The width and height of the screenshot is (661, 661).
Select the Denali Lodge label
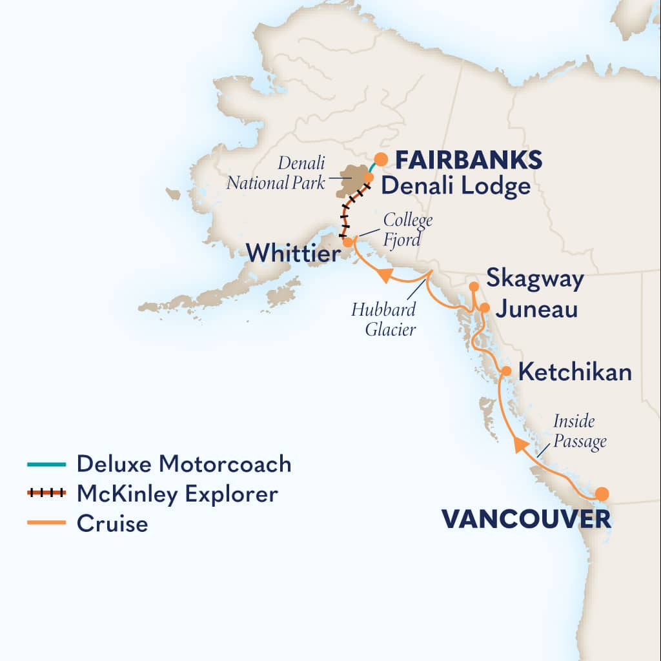[x=456, y=187]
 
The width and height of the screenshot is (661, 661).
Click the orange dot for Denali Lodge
[x=369, y=177]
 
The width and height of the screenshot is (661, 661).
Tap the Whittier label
[x=293, y=252]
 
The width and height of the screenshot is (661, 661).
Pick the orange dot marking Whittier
[x=348, y=243]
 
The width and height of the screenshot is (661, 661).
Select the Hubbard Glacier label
[x=383, y=319]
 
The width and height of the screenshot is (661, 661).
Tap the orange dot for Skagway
[x=474, y=286]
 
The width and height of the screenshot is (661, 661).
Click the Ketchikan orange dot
[x=507, y=371]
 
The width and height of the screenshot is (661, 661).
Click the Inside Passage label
[x=580, y=432]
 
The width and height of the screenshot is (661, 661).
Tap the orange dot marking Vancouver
[x=602, y=494]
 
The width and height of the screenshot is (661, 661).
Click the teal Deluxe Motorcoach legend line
[x=46, y=464]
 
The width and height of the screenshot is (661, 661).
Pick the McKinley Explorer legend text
[x=177, y=494]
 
